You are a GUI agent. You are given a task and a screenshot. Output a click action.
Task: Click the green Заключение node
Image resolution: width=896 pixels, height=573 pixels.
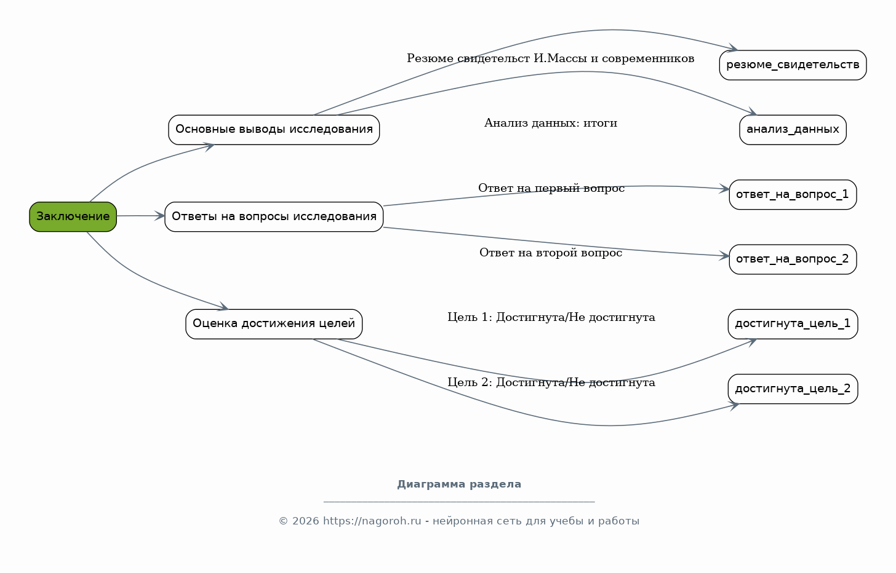[73, 216]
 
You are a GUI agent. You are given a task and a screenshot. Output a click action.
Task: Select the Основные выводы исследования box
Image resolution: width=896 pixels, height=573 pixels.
[274, 130]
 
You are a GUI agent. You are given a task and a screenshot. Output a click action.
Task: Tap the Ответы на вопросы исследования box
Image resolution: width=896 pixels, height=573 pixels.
[274, 216]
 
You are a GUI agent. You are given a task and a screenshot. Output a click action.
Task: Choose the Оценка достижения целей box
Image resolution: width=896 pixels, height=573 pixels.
[274, 324]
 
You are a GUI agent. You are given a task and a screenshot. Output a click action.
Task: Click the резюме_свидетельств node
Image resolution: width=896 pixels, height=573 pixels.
[793, 65]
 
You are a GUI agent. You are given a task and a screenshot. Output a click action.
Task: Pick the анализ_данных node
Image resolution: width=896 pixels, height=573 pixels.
[793, 130]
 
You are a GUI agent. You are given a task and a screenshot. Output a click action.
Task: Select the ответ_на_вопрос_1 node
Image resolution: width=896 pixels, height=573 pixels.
[793, 195]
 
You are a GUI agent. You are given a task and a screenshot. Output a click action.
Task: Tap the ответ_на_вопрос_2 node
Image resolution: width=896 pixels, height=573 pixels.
[793, 259]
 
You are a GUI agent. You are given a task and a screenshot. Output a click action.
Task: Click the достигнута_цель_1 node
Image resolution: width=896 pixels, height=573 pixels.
[793, 324]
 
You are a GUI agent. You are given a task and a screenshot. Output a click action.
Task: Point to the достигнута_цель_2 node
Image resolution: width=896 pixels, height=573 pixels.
[793, 389]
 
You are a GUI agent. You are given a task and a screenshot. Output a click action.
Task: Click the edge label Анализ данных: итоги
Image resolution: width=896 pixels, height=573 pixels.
[551, 123]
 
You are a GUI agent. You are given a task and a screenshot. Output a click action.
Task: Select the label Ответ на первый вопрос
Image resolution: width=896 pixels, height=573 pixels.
[551, 188]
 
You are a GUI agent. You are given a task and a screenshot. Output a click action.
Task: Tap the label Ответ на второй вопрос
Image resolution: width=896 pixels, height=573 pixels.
[551, 253]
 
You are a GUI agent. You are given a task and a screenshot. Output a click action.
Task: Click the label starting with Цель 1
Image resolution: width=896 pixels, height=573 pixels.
[551, 318]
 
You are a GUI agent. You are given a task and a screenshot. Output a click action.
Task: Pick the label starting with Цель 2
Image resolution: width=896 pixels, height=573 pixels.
[551, 383]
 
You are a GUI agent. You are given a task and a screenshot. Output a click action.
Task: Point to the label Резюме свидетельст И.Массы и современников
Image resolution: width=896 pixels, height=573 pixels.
[550, 59]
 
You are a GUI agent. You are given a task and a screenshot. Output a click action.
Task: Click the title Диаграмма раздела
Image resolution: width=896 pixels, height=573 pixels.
[459, 484]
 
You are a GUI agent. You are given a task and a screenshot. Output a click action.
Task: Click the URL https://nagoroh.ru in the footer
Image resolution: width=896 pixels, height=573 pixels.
[372, 521]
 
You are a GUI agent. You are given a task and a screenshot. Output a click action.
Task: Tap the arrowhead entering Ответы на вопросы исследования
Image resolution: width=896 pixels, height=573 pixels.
[160, 216]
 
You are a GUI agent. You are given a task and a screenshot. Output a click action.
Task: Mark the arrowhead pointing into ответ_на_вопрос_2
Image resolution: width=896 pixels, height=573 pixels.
[724, 256]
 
